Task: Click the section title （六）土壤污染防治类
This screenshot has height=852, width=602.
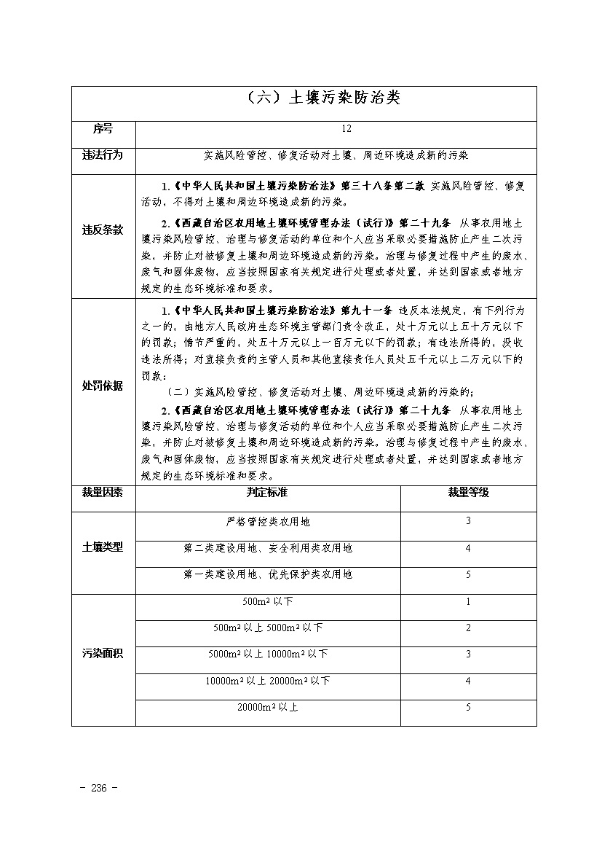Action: tap(320, 98)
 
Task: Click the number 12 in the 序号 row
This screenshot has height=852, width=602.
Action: tap(346, 129)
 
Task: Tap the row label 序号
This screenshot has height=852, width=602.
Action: tap(103, 129)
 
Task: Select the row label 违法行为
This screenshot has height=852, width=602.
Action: tap(103, 155)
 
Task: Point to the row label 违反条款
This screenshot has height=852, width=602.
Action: tap(103, 230)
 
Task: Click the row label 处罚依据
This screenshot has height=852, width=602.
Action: tap(103, 386)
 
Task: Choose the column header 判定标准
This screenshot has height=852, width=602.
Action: tap(267, 492)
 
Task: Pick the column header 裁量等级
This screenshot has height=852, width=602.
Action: tap(468, 492)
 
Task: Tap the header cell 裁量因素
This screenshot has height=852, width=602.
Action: tap(103, 492)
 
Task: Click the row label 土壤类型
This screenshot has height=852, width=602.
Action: tap(103, 547)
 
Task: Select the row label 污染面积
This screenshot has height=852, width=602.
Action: tap(103, 654)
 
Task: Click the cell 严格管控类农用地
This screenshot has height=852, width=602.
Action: tap(268, 522)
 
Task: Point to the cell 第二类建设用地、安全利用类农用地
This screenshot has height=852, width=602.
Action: tap(268, 548)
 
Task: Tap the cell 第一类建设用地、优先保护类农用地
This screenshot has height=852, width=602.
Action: tap(268, 574)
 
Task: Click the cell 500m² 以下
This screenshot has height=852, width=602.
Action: tap(268, 602)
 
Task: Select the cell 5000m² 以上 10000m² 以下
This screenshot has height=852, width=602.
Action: tap(268, 654)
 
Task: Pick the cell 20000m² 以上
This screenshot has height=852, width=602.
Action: tap(268, 707)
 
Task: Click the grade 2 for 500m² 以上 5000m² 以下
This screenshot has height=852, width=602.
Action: tap(468, 628)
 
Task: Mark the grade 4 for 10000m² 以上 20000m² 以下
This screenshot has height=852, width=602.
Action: tap(468, 681)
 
